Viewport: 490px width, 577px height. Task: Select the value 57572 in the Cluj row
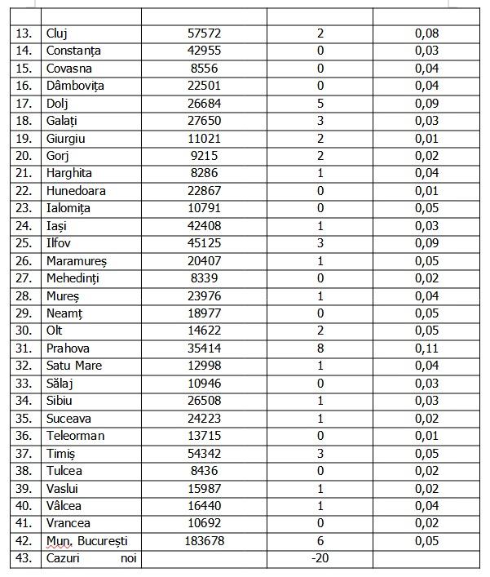[x=204, y=34]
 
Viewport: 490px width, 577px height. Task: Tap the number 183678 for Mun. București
[x=204, y=541]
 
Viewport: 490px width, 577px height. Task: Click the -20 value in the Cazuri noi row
[x=320, y=558]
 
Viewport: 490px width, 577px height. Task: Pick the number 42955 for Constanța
[x=204, y=51]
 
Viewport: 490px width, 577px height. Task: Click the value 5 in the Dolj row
[x=320, y=104]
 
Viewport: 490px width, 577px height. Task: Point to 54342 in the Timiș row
[x=204, y=453]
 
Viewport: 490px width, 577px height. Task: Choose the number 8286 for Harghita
[x=204, y=174]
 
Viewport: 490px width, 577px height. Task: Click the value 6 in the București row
[x=320, y=541]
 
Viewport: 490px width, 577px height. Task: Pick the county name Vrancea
[x=68, y=523]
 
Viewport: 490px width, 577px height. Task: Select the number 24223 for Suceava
[x=204, y=418]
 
